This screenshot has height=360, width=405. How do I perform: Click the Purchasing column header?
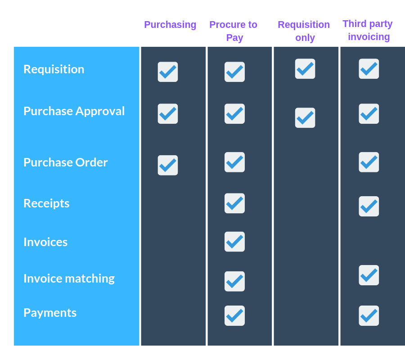(x=170, y=25)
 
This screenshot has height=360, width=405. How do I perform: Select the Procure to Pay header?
(x=234, y=31)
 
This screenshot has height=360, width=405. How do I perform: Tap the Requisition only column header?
(x=304, y=31)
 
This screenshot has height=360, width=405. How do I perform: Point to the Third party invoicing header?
(x=368, y=30)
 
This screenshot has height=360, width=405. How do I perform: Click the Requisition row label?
(x=54, y=69)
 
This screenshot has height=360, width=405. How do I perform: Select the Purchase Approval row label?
(x=74, y=111)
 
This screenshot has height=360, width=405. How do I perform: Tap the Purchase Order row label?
(x=66, y=162)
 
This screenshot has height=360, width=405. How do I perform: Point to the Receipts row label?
(x=46, y=203)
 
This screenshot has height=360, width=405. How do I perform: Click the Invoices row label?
(x=45, y=242)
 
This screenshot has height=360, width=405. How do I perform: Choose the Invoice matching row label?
(x=69, y=279)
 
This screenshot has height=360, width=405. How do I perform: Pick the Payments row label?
(x=50, y=313)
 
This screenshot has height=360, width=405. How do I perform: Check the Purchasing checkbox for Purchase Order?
(x=168, y=165)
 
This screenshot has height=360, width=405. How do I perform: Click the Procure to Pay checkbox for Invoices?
(x=234, y=242)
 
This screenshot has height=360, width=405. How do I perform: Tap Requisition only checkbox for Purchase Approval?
(x=305, y=118)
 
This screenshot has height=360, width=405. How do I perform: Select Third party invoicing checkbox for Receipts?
(x=369, y=207)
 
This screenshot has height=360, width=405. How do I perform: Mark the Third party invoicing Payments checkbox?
(x=369, y=316)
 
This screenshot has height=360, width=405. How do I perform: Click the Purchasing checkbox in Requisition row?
(x=168, y=72)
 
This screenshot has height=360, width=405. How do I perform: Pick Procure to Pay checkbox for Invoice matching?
(x=234, y=282)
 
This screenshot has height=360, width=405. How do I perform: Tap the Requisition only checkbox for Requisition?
(x=305, y=69)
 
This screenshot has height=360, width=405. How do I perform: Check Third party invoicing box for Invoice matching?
(x=369, y=275)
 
